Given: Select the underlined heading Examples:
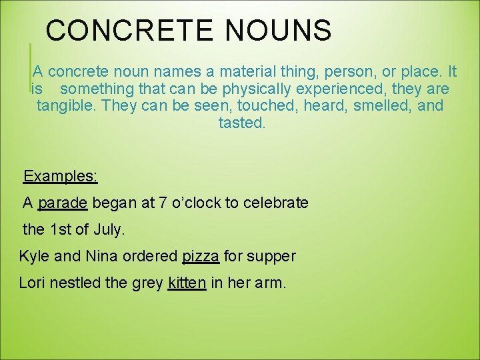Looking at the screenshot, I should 61,176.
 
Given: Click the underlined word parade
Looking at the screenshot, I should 63,203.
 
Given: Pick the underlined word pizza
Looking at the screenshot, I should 201,256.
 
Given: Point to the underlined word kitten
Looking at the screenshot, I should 187,283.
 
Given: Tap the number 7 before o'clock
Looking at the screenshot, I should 164,203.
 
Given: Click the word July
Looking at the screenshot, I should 109,229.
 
